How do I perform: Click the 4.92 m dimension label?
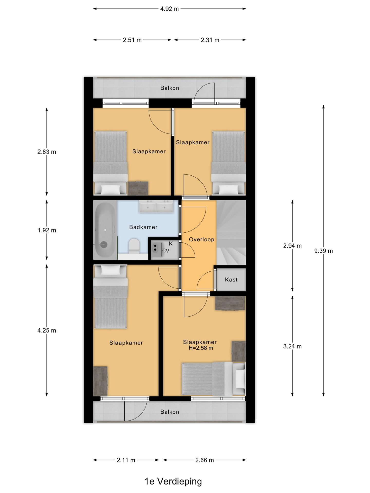(169, 9)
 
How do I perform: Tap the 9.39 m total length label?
(323, 251)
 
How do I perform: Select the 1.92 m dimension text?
(47, 230)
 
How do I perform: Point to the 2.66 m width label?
(205, 460)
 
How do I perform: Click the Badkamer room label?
(143, 227)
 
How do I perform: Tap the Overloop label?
(201, 240)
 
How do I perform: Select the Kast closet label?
(231, 280)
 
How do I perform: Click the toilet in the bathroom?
(134, 246)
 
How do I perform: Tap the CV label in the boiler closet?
(166, 251)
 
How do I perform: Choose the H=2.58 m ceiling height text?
(201, 348)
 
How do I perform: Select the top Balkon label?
(170, 88)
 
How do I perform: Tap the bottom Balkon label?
(170, 412)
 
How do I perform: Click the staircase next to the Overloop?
(231, 232)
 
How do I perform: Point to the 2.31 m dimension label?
(210, 40)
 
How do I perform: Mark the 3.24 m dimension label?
(292, 346)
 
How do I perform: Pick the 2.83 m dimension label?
(47, 152)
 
